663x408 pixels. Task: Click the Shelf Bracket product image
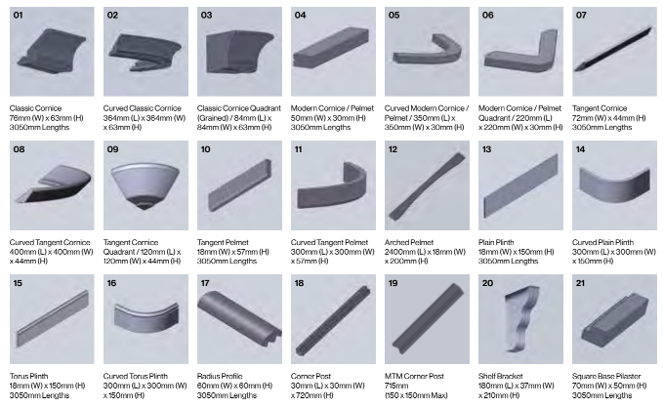click(522, 317)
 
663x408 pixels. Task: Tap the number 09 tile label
click(112, 149)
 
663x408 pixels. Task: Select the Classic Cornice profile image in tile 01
click(52, 51)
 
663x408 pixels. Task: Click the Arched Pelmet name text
click(409, 242)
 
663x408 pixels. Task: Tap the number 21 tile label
click(580, 283)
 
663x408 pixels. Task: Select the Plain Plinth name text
click(496, 242)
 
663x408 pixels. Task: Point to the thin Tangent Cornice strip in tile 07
click(613, 49)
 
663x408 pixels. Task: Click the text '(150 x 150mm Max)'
click(416, 395)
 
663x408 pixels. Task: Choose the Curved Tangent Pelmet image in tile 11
click(332, 185)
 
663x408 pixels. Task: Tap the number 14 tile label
click(580, 149)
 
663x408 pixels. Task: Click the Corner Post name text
click(311, 377)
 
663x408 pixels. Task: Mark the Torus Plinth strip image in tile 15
click(53, 318)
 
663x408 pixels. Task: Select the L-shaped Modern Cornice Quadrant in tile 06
click(521, 50)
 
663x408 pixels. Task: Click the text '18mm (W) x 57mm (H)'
click(233, 252)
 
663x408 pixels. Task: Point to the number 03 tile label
click(206, 16)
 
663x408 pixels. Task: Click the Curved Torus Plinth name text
click(136, 377)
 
